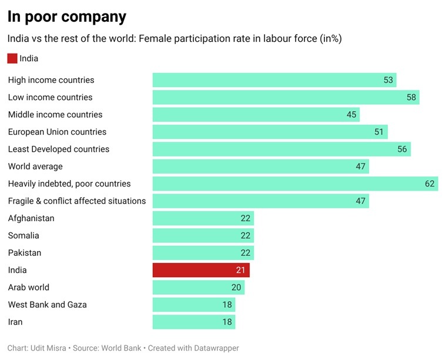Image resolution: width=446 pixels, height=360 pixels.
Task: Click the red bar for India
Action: [201, 270]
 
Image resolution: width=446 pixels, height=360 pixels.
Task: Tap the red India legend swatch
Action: [12, 58]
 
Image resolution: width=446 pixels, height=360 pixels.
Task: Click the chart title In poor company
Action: [66, 16]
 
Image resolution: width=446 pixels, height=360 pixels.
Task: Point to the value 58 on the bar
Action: [411, 97]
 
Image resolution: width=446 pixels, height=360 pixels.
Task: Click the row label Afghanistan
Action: [31, 218]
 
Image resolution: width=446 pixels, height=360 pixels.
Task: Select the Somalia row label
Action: [24, 235]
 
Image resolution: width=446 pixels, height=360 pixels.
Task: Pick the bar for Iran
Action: [193, 322]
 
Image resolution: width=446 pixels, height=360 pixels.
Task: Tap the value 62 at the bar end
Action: [430, 184]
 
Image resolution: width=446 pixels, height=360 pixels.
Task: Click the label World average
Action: [35, 166]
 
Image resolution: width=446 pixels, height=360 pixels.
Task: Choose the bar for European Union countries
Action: [270, 132]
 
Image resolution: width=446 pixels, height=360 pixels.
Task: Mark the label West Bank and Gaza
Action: [47, 305]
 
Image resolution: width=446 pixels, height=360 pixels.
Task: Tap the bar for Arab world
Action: [198, 287]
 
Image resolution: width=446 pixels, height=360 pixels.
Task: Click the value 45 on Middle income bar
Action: [351, 115]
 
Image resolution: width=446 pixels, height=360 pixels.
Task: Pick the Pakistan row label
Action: [25, 253]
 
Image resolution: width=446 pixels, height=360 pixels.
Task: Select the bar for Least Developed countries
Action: [281, 149]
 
